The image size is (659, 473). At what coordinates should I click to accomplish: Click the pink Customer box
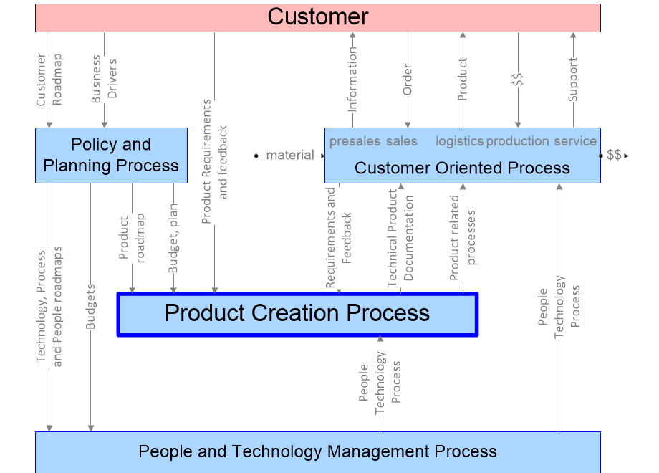pyautogui.click(x=317, y=17)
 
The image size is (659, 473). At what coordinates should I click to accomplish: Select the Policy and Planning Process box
pyautogui.click(x=111, y=155)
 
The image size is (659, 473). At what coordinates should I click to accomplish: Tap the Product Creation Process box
pyautogui.click(x=297, y=313)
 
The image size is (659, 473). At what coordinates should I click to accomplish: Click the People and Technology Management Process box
pyautogui.click(x=317, y=451)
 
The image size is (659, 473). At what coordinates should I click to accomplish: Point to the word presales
pyautogui.click(x=355, y=141)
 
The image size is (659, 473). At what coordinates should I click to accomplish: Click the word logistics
pyautogui.click(x=459, y=141)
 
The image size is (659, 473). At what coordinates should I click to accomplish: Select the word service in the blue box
pyautogui.click(x=575, y=141)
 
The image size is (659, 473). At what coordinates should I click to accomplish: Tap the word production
pyautogui.click(x=517, y=141)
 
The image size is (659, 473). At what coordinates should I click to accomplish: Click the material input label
pyautogui.click(x=290, y=155)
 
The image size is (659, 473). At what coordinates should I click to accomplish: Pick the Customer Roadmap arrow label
pyautogui.click(x=49, y=79)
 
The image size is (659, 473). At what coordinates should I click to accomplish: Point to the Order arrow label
pyautogui.click(x=408, y=80)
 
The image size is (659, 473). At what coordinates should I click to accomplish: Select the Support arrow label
pyautogui.click(x=572, y=80)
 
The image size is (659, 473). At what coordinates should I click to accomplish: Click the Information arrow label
pyautogui.click(x=352, y=79)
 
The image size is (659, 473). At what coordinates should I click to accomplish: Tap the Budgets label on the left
pyautogui.click(x=91, y=307)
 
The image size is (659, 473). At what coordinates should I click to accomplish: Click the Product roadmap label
pyautogui.click(x=132, y=239)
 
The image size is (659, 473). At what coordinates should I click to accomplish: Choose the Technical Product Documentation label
pyautogui.click(x=400, y=238)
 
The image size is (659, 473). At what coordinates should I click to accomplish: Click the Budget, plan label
pyautogui.click(x=173, y=238)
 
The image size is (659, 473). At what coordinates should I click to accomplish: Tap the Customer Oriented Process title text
pyautogui.click(x=462, y=168)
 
